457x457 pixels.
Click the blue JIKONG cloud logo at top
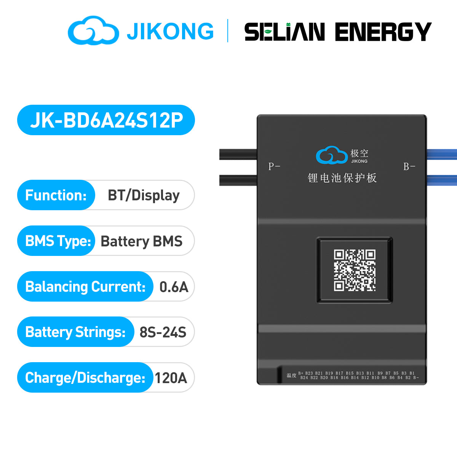pos(93,30)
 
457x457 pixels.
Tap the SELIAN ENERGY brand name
pos(337,32)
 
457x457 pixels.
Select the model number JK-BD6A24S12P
pos(106,120)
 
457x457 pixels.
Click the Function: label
pos(56,195)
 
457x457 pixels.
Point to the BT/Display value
pos(144,195)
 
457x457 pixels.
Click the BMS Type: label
pos(58,241)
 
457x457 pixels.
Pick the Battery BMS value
pos(141,241)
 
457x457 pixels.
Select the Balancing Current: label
pos(85,287)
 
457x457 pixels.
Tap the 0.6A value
pos(174,287)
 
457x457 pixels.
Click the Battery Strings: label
pos(75,332)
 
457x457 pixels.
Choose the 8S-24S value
pos(163,332)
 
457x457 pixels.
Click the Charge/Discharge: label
pos(85,378)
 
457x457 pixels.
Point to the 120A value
pos(171,378)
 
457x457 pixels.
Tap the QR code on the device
pos(355,270)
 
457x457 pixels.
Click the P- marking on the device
pos(274,166)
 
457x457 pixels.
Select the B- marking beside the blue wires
pos(409,166)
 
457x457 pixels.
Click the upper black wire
pos(238,154)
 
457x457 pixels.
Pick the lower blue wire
pos(441,180)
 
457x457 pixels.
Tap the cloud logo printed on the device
pos(332,155)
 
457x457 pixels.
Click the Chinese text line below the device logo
pos(342,178)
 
